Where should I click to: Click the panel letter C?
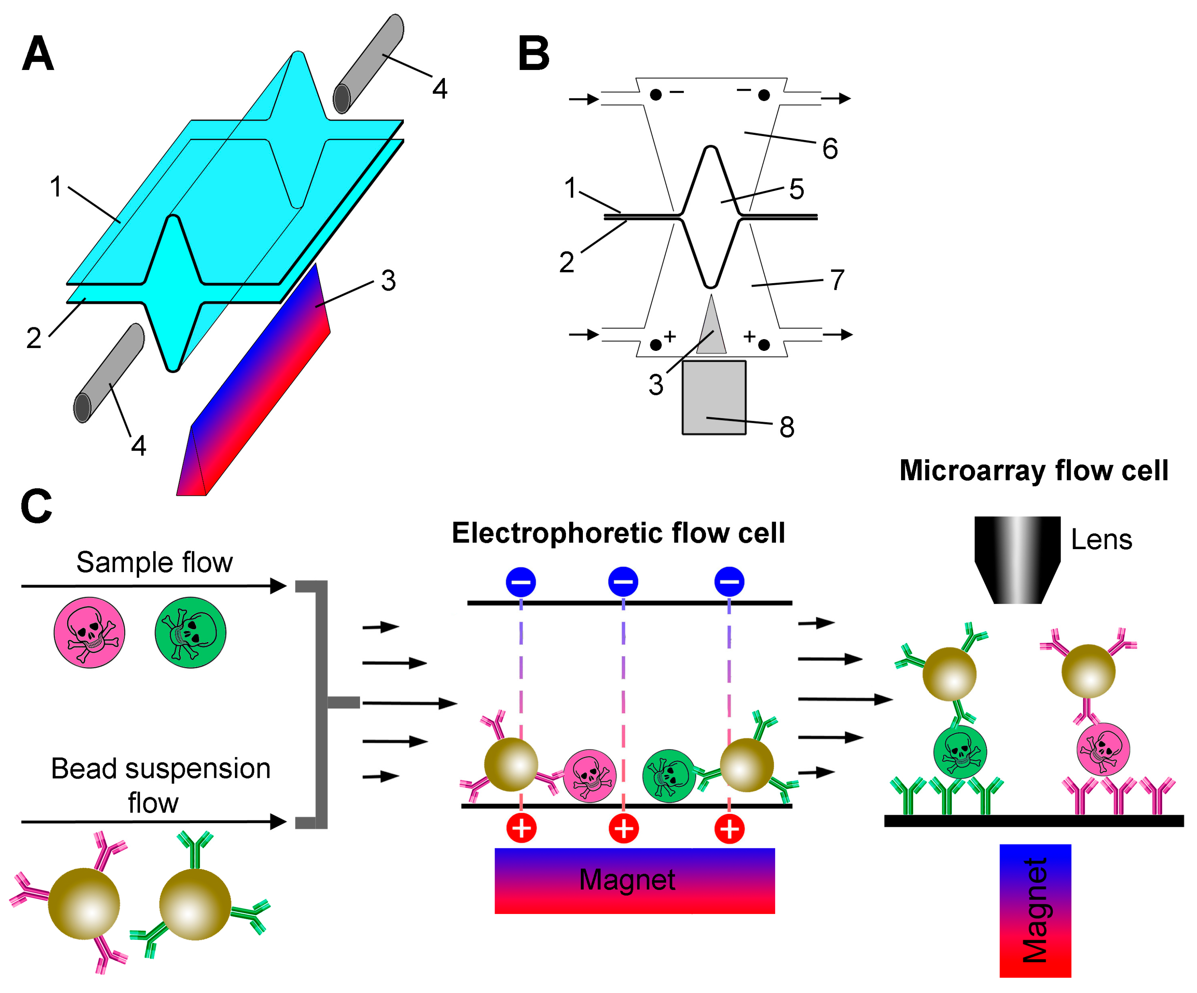click(36, 506)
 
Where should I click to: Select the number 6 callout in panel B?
click(830, 149)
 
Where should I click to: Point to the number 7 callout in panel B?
click(837, 280)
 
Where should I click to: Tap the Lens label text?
click(1101, 540)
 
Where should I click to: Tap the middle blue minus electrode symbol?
click(623, 582)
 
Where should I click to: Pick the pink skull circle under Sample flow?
click(90, 632)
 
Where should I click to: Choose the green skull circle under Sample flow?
click(190, 632)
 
